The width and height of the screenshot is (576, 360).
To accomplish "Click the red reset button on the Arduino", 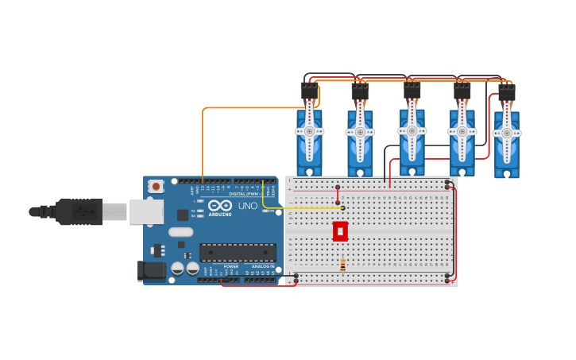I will pos(156,186).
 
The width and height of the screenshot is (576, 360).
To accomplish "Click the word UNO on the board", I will pos(248,206).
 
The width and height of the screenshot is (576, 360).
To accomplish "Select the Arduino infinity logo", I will pos(220,205).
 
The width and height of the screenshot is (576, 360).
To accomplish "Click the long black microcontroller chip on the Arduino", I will pos(238,253).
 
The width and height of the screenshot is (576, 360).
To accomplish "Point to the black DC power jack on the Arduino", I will pos(151,270).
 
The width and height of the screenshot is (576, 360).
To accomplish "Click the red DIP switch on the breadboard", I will pos(340,231).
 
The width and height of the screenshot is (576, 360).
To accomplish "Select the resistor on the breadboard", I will pos(342,265).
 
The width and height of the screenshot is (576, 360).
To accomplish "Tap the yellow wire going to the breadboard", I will pos(302,208).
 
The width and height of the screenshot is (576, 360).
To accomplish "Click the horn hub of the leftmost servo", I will pos(309,131).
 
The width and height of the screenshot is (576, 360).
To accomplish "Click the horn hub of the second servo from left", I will pos(360,132).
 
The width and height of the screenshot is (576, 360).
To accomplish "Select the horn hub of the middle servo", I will pos(412,130).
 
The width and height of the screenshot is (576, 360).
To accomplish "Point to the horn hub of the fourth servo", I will pos(462,131).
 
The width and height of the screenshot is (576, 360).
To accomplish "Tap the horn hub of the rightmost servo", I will pos(506,134).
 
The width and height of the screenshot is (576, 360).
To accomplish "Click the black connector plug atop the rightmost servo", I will pos(506,93).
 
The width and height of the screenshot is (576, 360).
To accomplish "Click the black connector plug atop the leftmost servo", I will pos(309,91).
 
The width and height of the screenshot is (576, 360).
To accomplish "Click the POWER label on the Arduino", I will pos(230,266).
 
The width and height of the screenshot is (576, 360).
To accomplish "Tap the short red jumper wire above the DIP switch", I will pos(338,195).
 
